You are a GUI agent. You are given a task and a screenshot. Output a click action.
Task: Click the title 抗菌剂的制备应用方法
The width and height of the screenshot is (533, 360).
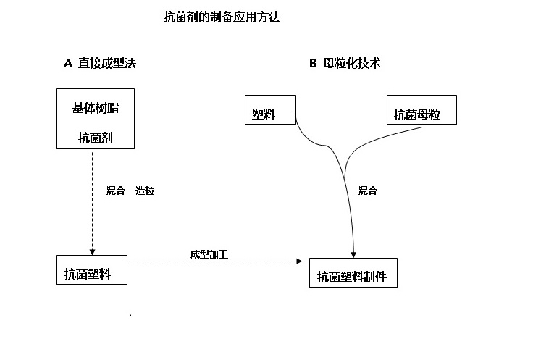tap(222, 17)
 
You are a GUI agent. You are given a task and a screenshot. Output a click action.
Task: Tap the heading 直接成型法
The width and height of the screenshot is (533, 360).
tap(107, 63)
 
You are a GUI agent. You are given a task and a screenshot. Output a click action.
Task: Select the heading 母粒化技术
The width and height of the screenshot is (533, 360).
tap(351, 63)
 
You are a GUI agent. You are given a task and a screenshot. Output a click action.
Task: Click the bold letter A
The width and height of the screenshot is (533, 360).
tap(68, 63)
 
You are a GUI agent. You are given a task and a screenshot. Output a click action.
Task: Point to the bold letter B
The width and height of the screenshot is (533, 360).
tap(313, 63)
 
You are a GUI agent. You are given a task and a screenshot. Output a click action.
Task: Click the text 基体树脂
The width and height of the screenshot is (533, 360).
tap(96, 108)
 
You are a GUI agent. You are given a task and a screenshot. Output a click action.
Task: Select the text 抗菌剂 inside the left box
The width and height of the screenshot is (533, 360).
tap(96, 138)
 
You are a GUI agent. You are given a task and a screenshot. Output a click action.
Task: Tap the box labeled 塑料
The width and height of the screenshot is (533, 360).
tap(270, 110)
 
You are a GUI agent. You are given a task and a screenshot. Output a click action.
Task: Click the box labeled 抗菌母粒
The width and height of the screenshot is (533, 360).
tap(421, 110)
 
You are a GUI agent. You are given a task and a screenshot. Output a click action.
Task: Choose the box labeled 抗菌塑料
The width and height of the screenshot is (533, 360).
tap(92, 270)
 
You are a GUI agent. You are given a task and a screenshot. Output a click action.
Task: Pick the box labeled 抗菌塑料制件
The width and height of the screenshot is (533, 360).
tap(353, 272)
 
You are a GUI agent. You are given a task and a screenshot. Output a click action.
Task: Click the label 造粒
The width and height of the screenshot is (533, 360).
tap(145, 191)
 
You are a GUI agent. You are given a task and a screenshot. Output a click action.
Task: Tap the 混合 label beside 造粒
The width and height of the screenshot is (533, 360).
tap(116, 191)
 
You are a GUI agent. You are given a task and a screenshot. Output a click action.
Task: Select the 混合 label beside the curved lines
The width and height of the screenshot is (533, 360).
tap(368, 191)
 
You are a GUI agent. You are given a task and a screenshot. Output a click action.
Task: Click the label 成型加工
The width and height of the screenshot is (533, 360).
tap(209, 254)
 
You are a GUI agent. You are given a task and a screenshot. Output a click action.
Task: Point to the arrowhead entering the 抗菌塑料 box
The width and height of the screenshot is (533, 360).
tap(92, 252)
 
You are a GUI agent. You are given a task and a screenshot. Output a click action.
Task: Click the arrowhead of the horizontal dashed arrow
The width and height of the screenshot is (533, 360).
tap(300, 261)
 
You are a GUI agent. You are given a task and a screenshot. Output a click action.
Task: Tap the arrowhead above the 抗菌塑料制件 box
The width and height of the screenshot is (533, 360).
tap(353, 255)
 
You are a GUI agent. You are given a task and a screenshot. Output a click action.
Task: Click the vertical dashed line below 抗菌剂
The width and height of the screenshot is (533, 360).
tap(92, 201)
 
